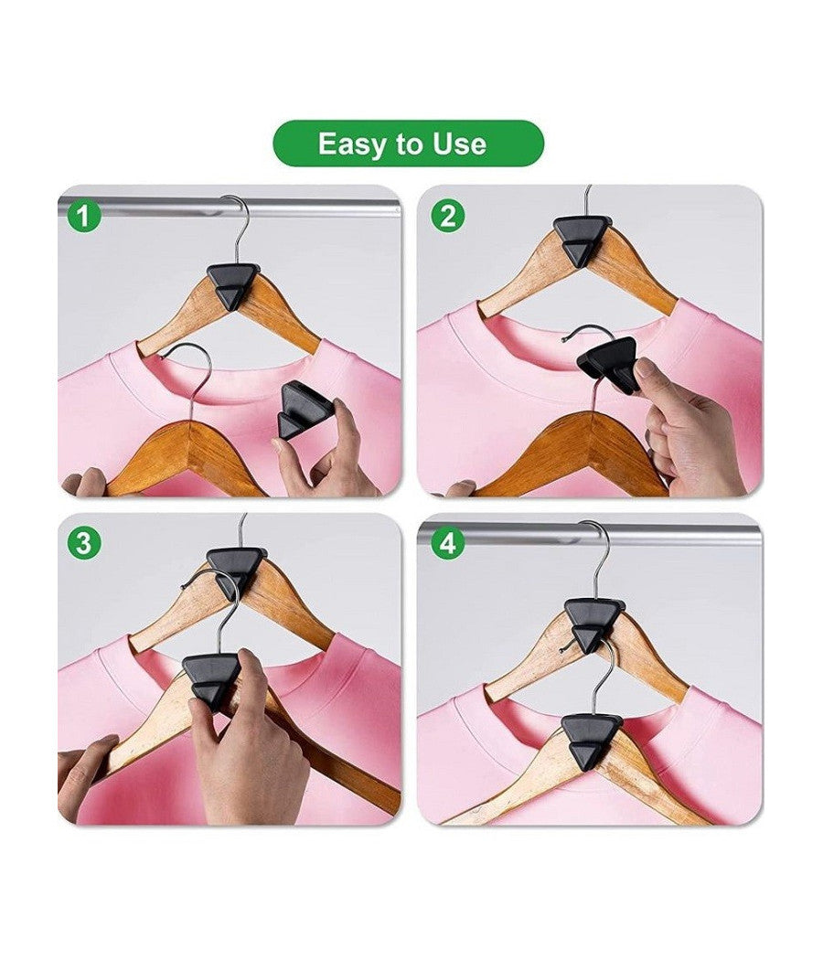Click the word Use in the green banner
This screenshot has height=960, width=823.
tap(460, 144)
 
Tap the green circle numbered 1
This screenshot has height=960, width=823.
tap(84, 216)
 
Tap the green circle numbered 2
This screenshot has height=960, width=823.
tap(448, 216)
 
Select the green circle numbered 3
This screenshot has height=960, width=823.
tap(84, 543)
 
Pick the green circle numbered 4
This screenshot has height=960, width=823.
tap(448, 543)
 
